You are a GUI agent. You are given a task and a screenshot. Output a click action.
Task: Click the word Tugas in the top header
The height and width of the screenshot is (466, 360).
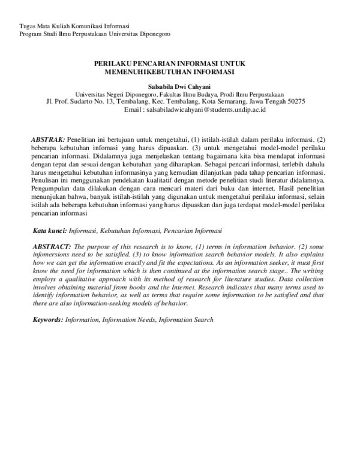27,26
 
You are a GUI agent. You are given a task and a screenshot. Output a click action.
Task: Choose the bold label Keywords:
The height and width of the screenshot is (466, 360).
47,319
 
